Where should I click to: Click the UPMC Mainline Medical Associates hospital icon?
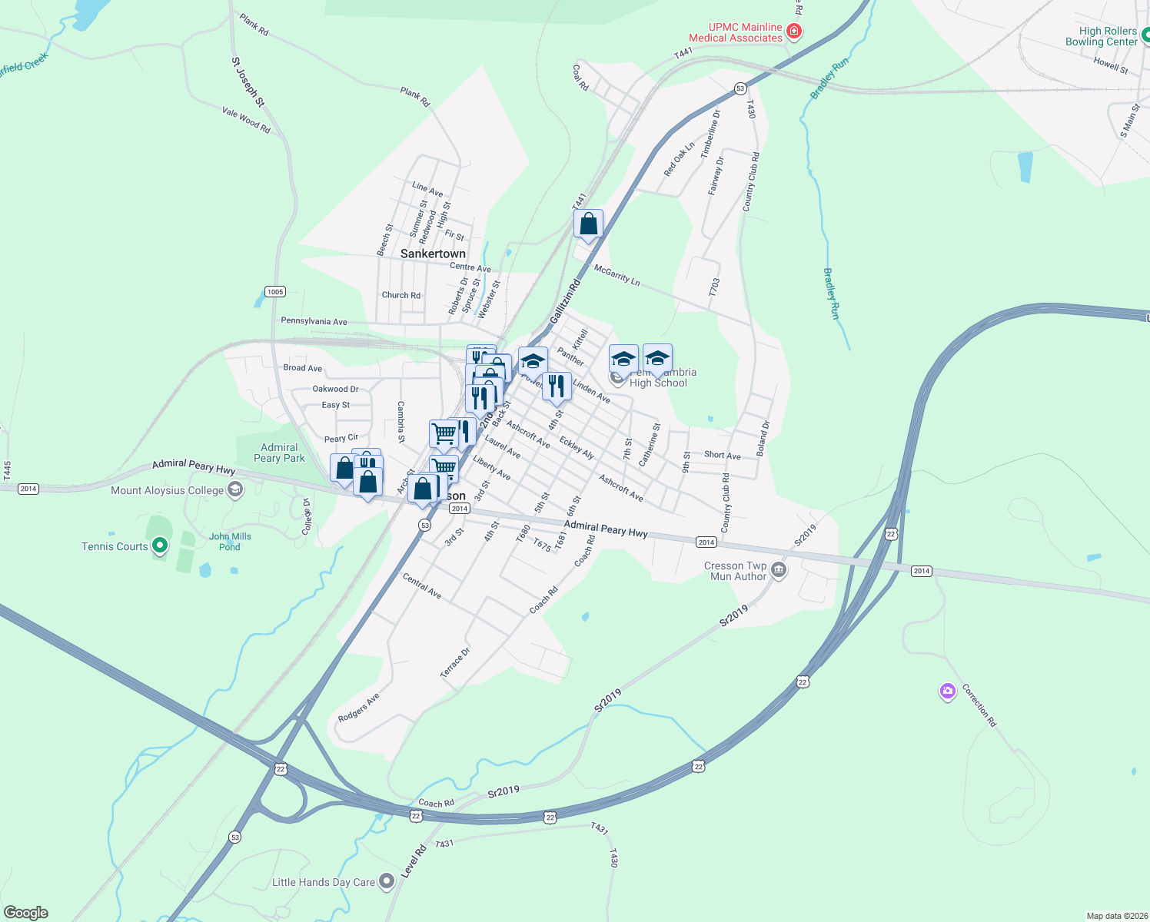click(x=795, y=32)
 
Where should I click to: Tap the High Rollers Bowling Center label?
click(x=1101, y=37)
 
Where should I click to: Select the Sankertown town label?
click(x=433, y=254)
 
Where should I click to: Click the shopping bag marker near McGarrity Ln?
click(x=588, y=224)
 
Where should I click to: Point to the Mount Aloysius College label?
click(x=167, y=490)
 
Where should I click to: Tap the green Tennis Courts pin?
click(x=160, y=546)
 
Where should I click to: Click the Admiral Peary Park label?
click(x=279, y=453)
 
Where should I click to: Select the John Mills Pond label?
click(x=230, y=542)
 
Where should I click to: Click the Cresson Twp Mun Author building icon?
click(x=779, y=570)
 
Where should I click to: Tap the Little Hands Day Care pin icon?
click(x=387, y=882)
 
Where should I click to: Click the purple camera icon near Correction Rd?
click(x=947, y=691)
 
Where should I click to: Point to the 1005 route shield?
click(x=275, y=291)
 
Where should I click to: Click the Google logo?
click(x=26, y=913)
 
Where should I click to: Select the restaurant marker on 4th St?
click(x=557, y=386)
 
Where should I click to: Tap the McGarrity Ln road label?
click(x=617, y=274)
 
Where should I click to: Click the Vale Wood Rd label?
click(x=246, y=121)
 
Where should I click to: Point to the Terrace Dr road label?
click(x=455, y=662)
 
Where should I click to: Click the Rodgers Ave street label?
click(x=358, y=708)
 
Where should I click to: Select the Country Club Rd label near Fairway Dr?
click(x=750, y=182)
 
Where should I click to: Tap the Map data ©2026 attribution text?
click(x=1116, y=916)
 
